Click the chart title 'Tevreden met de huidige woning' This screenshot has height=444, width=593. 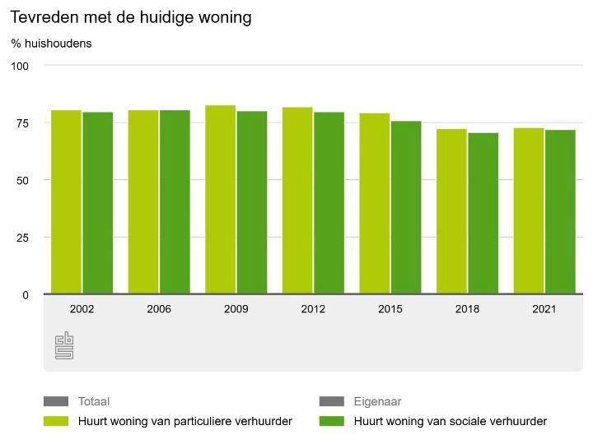(x=131, y=17)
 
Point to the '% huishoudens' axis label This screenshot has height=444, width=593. (x=51, y=44)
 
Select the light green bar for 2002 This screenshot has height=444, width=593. (x=66, y=201)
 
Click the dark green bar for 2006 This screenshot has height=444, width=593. (x=175, y=201)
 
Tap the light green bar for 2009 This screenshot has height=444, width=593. (x=220, y=199)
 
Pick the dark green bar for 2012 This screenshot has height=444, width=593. (x=329, y=202)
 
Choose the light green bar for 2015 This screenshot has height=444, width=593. (x=375, y=203)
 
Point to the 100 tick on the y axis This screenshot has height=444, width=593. (x=20, y=66)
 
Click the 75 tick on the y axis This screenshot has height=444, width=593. (x=22, y=123)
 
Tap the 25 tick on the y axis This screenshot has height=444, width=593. (x=22, y=238)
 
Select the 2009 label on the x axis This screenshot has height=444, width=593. (x=236, y=310)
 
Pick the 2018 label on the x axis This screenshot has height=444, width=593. (x=468, y=310)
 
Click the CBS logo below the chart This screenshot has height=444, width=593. (x=64, y=345)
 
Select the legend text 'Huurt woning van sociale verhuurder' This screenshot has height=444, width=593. (x=450, y=422)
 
